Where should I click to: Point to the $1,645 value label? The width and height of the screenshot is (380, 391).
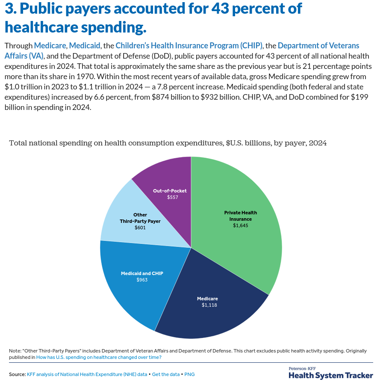click(241, 225)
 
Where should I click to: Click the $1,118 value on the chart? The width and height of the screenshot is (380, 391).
click(209, 305)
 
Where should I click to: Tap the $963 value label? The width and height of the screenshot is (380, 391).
click(142, 280)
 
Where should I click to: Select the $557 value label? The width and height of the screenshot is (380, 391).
click(173, 197)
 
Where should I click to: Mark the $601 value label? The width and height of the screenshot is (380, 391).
click(140, 228)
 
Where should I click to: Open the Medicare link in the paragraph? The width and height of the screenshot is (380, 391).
click(50, 46)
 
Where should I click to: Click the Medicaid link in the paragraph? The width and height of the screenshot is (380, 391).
click(85, 46)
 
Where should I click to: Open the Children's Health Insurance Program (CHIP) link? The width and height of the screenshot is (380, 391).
click(189, 46)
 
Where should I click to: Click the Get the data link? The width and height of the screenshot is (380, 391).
click(166, 374)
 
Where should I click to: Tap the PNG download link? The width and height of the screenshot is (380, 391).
click(189, 374)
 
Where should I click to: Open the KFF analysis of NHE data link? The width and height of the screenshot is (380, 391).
click(87, 374)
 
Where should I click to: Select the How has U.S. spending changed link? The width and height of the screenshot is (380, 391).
click(99, 357)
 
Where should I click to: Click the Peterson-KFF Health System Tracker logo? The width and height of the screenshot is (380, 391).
click(331, 373)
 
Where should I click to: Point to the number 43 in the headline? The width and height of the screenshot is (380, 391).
click(220, 8)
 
